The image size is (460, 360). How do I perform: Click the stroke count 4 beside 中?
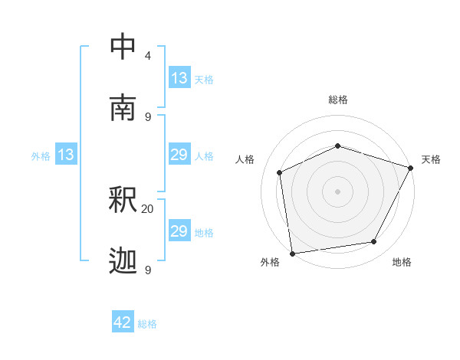(x=148, y=56)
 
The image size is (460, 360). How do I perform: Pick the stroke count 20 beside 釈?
(x=147, y=209)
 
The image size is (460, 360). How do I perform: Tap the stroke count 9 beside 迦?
(x=148, y=270)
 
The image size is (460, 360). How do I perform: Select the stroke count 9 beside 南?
(x=148, y=117)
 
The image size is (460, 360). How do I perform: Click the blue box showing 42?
(x=123, y=322)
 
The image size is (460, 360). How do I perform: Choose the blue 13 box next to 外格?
(x=66, y=155)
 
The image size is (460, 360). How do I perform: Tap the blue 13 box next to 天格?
(x=179, y=78)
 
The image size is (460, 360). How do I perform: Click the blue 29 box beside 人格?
(x=179, y=155)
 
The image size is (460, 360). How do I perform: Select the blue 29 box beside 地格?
(x=179, y=231)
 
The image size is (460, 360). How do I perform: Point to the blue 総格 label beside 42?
(x=147, y=324)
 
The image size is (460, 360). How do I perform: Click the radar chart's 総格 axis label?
(x=338, y=100)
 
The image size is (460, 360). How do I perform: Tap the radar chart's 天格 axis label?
(x=431, y=159)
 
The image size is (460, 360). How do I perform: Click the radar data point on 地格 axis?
(x=374, y=242)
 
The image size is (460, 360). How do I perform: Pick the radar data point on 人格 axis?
(x=280, y=172)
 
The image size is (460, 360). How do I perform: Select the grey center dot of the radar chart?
(x=337, y=191)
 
